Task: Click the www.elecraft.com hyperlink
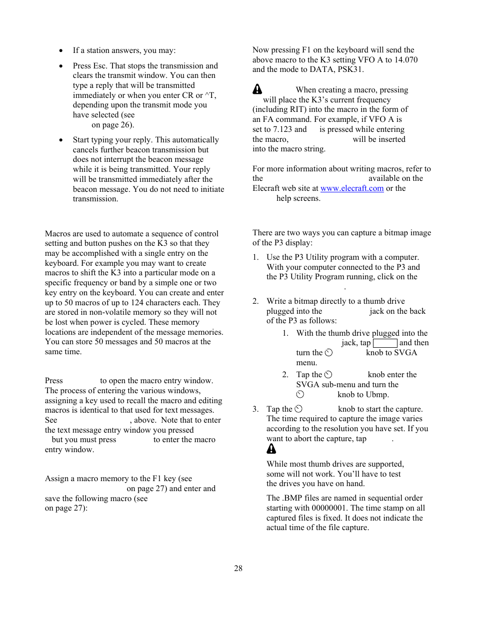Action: point(352,188)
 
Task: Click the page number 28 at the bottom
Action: point(238,569)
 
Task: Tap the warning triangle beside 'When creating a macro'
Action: point(257,89)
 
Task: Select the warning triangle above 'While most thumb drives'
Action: point(271,449)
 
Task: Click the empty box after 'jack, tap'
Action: point(385,343)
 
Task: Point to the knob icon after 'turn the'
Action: point(328,353)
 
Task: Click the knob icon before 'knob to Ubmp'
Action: point(300,395)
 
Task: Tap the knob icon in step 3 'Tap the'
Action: point(298,409)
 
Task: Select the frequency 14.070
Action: point(406,60)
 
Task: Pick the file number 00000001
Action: point(330,508)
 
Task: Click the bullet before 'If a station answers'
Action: point(61,50)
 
